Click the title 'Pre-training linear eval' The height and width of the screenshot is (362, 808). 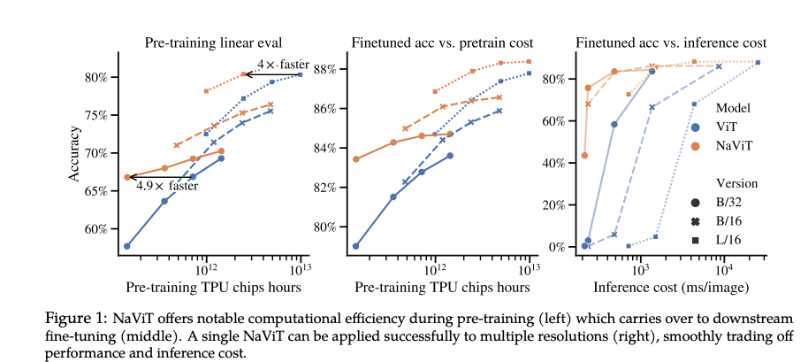[210, 42]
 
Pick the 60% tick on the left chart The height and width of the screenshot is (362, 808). [95, 229]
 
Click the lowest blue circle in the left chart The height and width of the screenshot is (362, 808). [127, 246]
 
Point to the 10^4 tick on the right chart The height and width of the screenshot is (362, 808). [723, 268]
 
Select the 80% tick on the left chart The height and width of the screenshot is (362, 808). [95, 77]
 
